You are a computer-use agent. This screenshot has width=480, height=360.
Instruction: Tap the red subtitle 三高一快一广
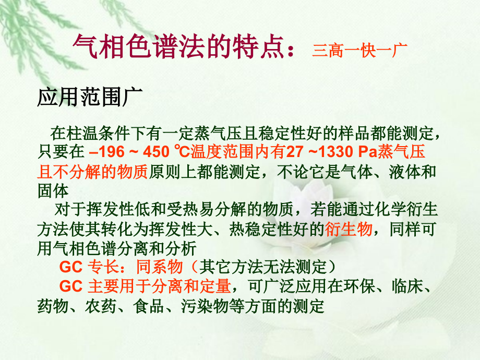pos(359,50)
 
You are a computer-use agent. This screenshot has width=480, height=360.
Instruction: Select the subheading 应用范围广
pos(86,98)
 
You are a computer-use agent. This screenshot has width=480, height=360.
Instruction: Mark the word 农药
pos(105,305)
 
